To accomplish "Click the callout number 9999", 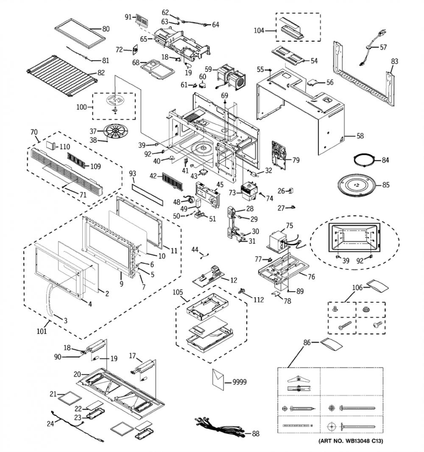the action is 240,382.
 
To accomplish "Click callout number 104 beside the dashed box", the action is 259,30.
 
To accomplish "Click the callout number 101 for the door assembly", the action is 42,331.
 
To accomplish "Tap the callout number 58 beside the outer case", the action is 360,136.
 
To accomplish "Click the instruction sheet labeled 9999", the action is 219,380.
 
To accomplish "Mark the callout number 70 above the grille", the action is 34,132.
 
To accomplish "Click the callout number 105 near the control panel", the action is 178,292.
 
